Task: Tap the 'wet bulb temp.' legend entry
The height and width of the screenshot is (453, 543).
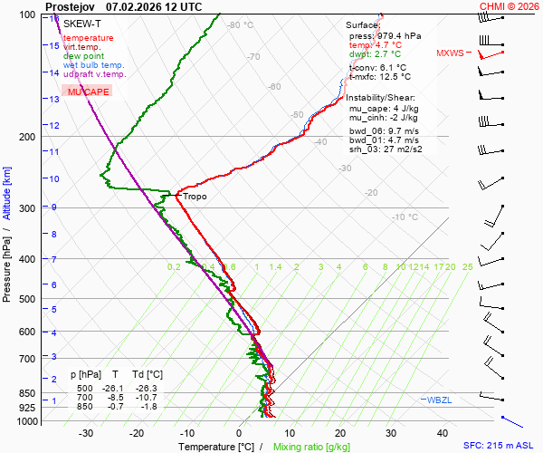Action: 93,65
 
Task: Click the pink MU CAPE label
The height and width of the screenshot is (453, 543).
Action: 88,92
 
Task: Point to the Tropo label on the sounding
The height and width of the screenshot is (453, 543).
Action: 194,196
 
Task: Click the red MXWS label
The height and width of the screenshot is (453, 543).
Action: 449,53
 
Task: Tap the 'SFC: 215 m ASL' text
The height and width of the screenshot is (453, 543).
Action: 500,446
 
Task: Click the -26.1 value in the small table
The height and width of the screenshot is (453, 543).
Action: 116,388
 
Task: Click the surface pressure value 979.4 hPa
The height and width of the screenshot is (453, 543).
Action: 398,36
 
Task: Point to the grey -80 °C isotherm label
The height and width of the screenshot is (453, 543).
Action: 240,25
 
